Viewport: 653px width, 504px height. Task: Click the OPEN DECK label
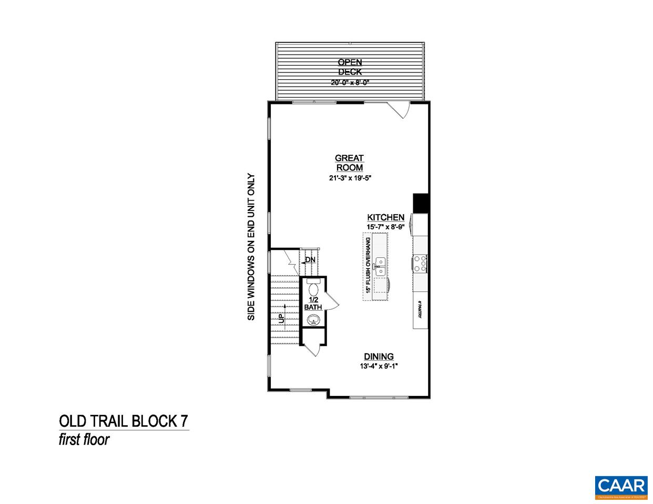click(x=350, y=67)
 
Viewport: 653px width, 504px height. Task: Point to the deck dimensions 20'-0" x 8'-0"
click(x=350, y=82)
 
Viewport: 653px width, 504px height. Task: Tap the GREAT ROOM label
click(x=350, y=163)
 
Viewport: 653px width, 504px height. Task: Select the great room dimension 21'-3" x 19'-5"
click(x=350, y=178)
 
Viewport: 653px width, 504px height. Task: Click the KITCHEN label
click(x=385, y=217)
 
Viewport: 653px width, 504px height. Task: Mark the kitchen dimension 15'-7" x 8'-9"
click(x=385, y=227)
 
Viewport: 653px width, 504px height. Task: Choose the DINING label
click(x=379, y=356)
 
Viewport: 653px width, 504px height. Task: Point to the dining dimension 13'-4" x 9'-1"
click(x=379, y=366)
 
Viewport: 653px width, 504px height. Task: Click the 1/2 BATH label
click(x=313, y=303)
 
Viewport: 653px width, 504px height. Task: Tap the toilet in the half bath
click(x=313, y=288)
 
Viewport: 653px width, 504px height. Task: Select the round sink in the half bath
click(x=314, y=320)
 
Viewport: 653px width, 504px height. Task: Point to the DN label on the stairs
click(x=310, y=259)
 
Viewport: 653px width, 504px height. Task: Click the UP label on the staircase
click(x=281, y=318)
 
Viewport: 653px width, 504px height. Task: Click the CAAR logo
click(x=621, y=485)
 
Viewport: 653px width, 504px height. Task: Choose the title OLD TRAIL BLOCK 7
click(x=123, y=422)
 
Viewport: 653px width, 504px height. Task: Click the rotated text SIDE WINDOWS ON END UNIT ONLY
click(x=251, y=247)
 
